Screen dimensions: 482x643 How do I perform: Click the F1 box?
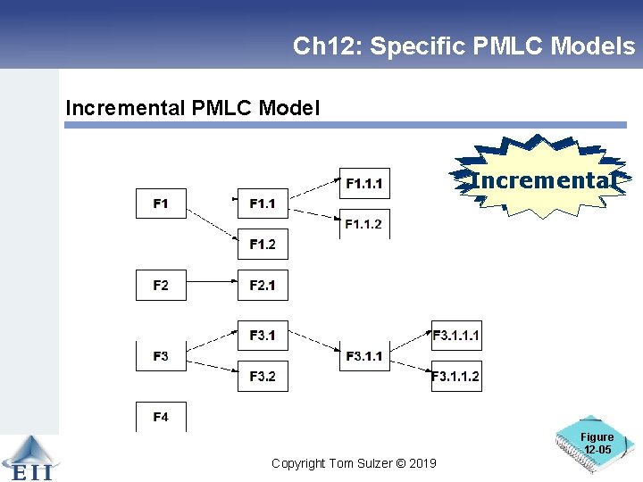coord(161,204)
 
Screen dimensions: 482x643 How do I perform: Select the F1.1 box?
coord(263,204)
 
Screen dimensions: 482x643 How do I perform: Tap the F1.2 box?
coord(263,244)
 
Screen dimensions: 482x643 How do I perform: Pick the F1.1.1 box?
coord(364,184)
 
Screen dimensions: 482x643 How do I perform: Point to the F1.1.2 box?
coord(364,223)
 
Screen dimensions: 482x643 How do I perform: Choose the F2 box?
coord(161,285)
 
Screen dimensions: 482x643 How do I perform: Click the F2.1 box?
coord(263,285)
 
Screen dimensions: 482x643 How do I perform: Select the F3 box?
coord(161,355)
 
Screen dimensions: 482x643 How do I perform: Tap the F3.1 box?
coord(263,336)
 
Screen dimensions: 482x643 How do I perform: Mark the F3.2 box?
coord(263,376)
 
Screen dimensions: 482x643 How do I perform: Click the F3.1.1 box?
coord(364,356)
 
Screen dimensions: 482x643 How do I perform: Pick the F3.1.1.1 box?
coord(456,336)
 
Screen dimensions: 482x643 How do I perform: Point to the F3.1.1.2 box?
coord(456,376)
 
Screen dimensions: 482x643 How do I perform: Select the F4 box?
coord(161,417)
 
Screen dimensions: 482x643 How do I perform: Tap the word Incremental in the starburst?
coord(543,181)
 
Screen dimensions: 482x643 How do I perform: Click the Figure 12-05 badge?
coord(597,444)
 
